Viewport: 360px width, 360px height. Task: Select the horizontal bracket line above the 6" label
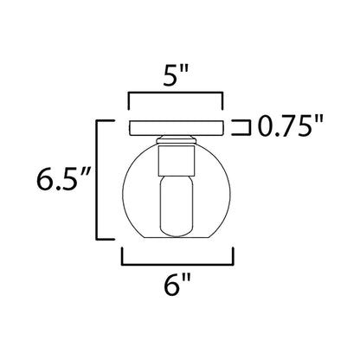click(180, 262)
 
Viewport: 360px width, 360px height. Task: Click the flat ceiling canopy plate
click(179, 128)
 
